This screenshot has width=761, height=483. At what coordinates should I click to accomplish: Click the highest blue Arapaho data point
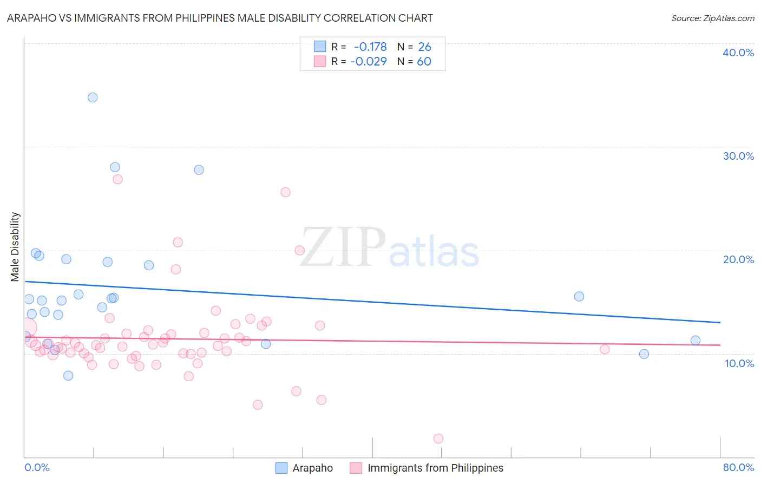pyautogui.click(x=93, y=97)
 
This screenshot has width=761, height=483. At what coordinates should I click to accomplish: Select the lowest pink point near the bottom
pyautogui.click(x=438, y=439)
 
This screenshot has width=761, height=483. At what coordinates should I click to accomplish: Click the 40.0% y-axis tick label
pyautogui.click(x=738, y=53)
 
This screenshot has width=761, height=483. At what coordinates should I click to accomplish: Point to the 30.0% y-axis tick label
pyautogui.click(x=738, y=156)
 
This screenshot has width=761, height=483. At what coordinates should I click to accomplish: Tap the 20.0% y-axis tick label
pyautogui.click(x=738, y=259)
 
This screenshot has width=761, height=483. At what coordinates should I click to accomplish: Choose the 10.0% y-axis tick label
pyautogui.click(x=739, y=363)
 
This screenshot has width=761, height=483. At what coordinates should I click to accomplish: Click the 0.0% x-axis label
pyautogui.click(x=37, y=467)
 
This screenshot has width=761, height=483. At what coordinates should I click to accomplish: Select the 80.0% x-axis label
pyautogui.click(x=738, y=467)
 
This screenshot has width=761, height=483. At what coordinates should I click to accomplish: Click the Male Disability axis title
pyautogui.click(x=15, y=246)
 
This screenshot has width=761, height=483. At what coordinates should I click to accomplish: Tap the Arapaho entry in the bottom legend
pyautogui.click(x=312, y=468)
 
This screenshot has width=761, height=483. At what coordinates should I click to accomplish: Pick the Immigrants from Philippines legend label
pyautogui.click(x=435, y=468)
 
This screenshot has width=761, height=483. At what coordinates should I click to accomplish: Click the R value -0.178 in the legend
pyautogui.click(x=370, y=47)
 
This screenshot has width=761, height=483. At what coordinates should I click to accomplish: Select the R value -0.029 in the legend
pyautogui.click(x=369, y=61)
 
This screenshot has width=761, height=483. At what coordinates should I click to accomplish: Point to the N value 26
pyautogui.click(x=424, y=47)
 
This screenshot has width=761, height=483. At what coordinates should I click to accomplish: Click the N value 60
pyautogui.click(x=424, y=61)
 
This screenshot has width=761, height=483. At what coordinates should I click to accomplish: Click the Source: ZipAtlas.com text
pyautogui.click(x=712, y=18)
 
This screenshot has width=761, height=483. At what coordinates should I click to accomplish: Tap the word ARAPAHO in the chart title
pyautogui.click(x=30, y=18)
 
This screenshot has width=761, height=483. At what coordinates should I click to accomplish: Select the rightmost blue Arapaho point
pyautogui.click(x=696, y=341)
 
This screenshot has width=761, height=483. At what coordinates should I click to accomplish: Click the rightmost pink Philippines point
pyautogui.click(x=605, y=349)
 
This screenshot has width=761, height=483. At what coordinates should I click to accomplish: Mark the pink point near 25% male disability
pyautogui.click(x=285, y=192)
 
